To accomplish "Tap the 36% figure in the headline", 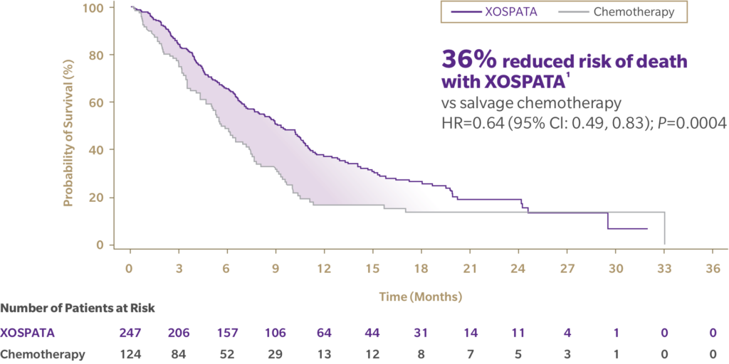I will coord(466,60).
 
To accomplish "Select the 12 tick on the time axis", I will coord(324,269).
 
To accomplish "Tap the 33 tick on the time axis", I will coord(664,269).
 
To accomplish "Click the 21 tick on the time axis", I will coord(470,269).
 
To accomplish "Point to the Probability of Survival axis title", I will coord(69,126).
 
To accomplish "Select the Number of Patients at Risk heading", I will coord(78,309).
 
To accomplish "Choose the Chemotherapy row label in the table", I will coord(43,354).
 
